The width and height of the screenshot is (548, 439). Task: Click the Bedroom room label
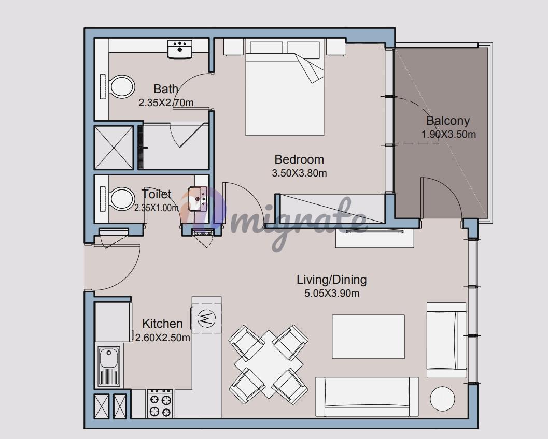click(x=299, y=159)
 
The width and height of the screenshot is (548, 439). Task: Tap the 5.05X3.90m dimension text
click(x=332, y=293)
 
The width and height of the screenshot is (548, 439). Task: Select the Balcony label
click(x=448, y=121)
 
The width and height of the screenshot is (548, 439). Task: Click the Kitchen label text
click(x=162, y=324)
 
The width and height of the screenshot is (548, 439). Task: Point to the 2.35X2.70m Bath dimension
click(x=166, y=103)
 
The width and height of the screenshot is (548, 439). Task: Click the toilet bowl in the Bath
click(x=122, y=86)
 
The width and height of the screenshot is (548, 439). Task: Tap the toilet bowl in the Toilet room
click(x=122, y=199)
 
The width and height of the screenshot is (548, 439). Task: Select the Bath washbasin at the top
click(x=179, y=49)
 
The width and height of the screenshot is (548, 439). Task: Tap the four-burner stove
click(x=160, y=403)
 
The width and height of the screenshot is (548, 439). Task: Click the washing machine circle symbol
click(x=206, y=318)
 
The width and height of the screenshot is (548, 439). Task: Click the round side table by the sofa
click(x=442, y=399)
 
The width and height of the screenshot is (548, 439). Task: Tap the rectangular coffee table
click(x=369, y=336)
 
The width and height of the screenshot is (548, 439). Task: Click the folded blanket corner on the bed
click(x=309, y=68)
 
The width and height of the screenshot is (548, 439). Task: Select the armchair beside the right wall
click(x=446, y=340)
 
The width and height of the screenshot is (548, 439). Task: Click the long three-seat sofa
click(x=367, y=397)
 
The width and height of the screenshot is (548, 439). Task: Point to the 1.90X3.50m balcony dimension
click(x=448, y=135)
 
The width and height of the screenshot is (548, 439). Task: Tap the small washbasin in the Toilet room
click(x=198, y=199)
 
